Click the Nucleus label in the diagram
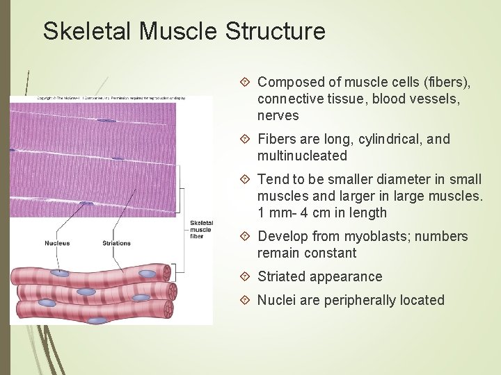click(57, 243)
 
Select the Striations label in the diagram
click(116, 243)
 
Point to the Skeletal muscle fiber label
click(201, 230)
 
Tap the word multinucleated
click(302, 156)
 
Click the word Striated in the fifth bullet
click(281, 276)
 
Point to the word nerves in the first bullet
click(278, 115)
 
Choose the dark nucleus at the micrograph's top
click(106, 121)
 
